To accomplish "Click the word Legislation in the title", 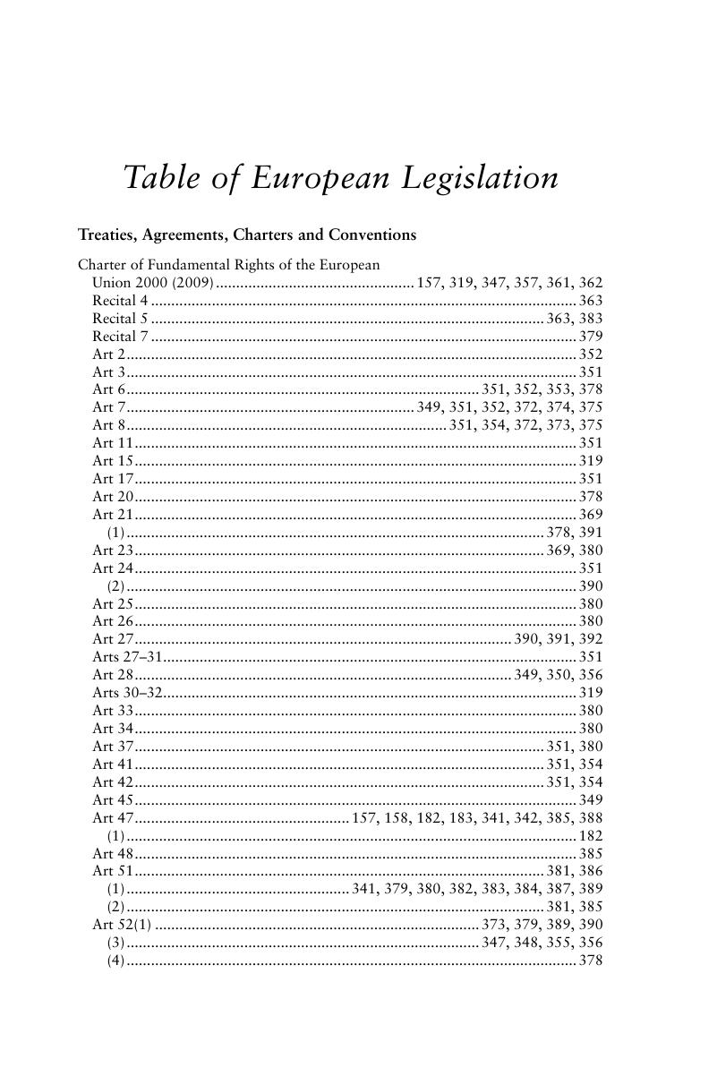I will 479,178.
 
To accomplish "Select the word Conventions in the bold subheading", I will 371,235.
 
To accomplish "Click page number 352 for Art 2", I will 591,354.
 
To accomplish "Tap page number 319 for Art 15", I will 591,461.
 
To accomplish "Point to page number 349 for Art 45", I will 591,799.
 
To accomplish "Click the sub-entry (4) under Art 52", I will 115,961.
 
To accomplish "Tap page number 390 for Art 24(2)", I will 591,586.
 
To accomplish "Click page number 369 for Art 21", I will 591,515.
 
